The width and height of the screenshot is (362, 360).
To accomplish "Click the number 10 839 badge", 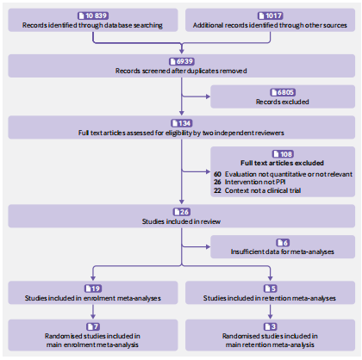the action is [93, 16].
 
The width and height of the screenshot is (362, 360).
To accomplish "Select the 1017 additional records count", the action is [270, 16].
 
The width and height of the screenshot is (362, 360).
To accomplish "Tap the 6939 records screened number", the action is [182, 61].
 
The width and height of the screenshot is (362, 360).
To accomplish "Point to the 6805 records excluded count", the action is [283, 92].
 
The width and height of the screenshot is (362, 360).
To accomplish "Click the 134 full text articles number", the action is [182, 123].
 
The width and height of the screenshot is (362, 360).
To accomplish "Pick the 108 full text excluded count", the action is [283, 154].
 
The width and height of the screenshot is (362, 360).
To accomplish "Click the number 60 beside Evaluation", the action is [217, 174].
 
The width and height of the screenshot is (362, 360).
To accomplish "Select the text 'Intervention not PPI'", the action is [255, 182].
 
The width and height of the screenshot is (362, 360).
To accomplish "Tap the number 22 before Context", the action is [217, 190].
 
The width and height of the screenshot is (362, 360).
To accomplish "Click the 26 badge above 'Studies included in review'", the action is [182, 212].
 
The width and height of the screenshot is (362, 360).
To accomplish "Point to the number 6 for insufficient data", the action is [283, 243].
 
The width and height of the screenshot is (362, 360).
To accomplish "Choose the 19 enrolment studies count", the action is [93, 289].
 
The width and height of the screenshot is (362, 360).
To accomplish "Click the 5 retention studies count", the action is [270, 289].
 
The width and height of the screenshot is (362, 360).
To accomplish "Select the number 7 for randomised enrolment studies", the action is [93, 326].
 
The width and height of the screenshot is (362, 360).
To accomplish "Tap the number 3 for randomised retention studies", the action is [270, 326].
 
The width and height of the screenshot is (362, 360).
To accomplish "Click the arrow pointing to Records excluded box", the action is [196, 96].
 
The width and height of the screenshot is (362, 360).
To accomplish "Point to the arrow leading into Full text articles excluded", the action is [196, 172].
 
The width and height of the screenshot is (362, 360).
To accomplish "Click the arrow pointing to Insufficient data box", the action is [196, 246].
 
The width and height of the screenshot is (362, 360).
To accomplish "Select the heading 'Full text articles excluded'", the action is [282, 163].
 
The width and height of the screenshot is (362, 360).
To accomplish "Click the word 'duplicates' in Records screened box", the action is [197, 71].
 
